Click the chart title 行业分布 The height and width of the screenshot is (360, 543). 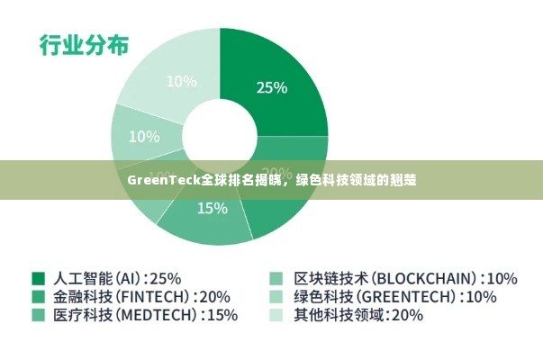click(x=83, y=45)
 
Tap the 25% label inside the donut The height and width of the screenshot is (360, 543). click(x=272, y=87)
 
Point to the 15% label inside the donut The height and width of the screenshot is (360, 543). click(x=212, y=208)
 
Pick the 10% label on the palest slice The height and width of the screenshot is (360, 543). click(x=181, y=81)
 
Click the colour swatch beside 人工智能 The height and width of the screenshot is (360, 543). click(x=39, y=278)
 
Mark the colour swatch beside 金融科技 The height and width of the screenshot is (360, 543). click(x=39, y=296)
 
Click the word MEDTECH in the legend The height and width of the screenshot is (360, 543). click(x=158, y=315)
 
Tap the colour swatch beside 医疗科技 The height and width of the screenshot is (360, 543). click(x=39, y=315)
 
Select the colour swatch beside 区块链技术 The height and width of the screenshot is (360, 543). click(x=276, y=278)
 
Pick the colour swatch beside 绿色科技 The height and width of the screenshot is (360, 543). click(x=276, y=296)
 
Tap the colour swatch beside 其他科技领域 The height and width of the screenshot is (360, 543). click(x=276, y=315)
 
